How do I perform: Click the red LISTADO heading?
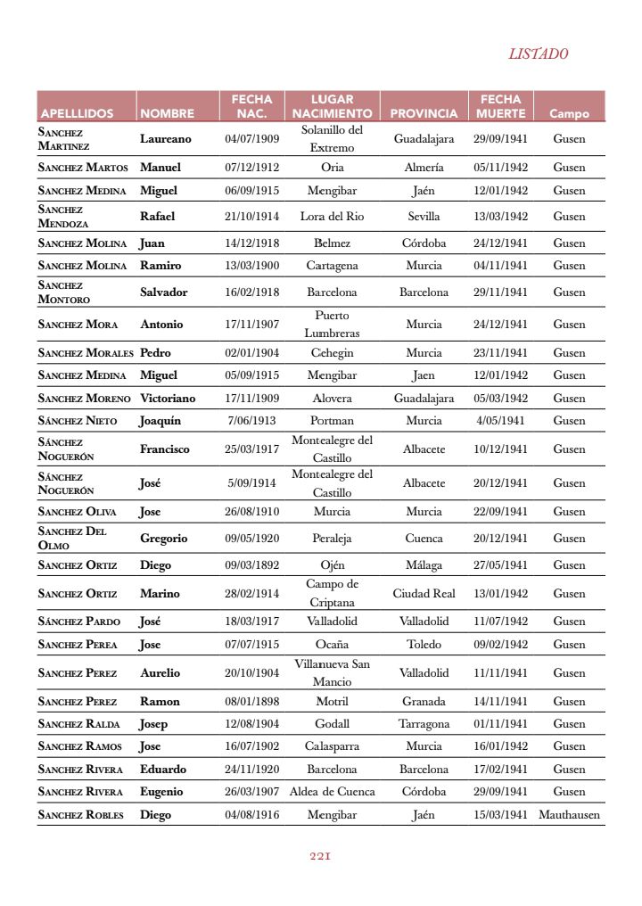tap(538, 54)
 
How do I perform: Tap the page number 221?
tap(320, 855)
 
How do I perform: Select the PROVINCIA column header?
tap(424, 113)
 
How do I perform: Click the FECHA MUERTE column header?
tap(500, 106)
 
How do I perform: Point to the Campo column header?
tap(569, 113)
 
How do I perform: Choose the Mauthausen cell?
tap(569, 814)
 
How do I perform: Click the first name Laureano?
tap(165, 138)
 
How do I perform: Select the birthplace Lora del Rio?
tap(332, 216)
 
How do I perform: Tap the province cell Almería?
tap(424, 167)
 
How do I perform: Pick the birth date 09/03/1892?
tap(251, 564)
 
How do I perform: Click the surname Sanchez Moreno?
tap(84, 398)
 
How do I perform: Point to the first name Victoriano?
tap(167, 398)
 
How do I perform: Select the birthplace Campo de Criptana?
tap(332, 593)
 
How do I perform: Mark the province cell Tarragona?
tap(424, 723)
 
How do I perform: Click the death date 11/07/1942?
tap(500, 621)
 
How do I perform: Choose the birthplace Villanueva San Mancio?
tap(332, 672)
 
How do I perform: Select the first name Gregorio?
tap(163, 538)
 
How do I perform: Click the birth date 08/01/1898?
tap(251, 701)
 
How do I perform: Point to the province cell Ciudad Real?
tap(424, 593)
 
